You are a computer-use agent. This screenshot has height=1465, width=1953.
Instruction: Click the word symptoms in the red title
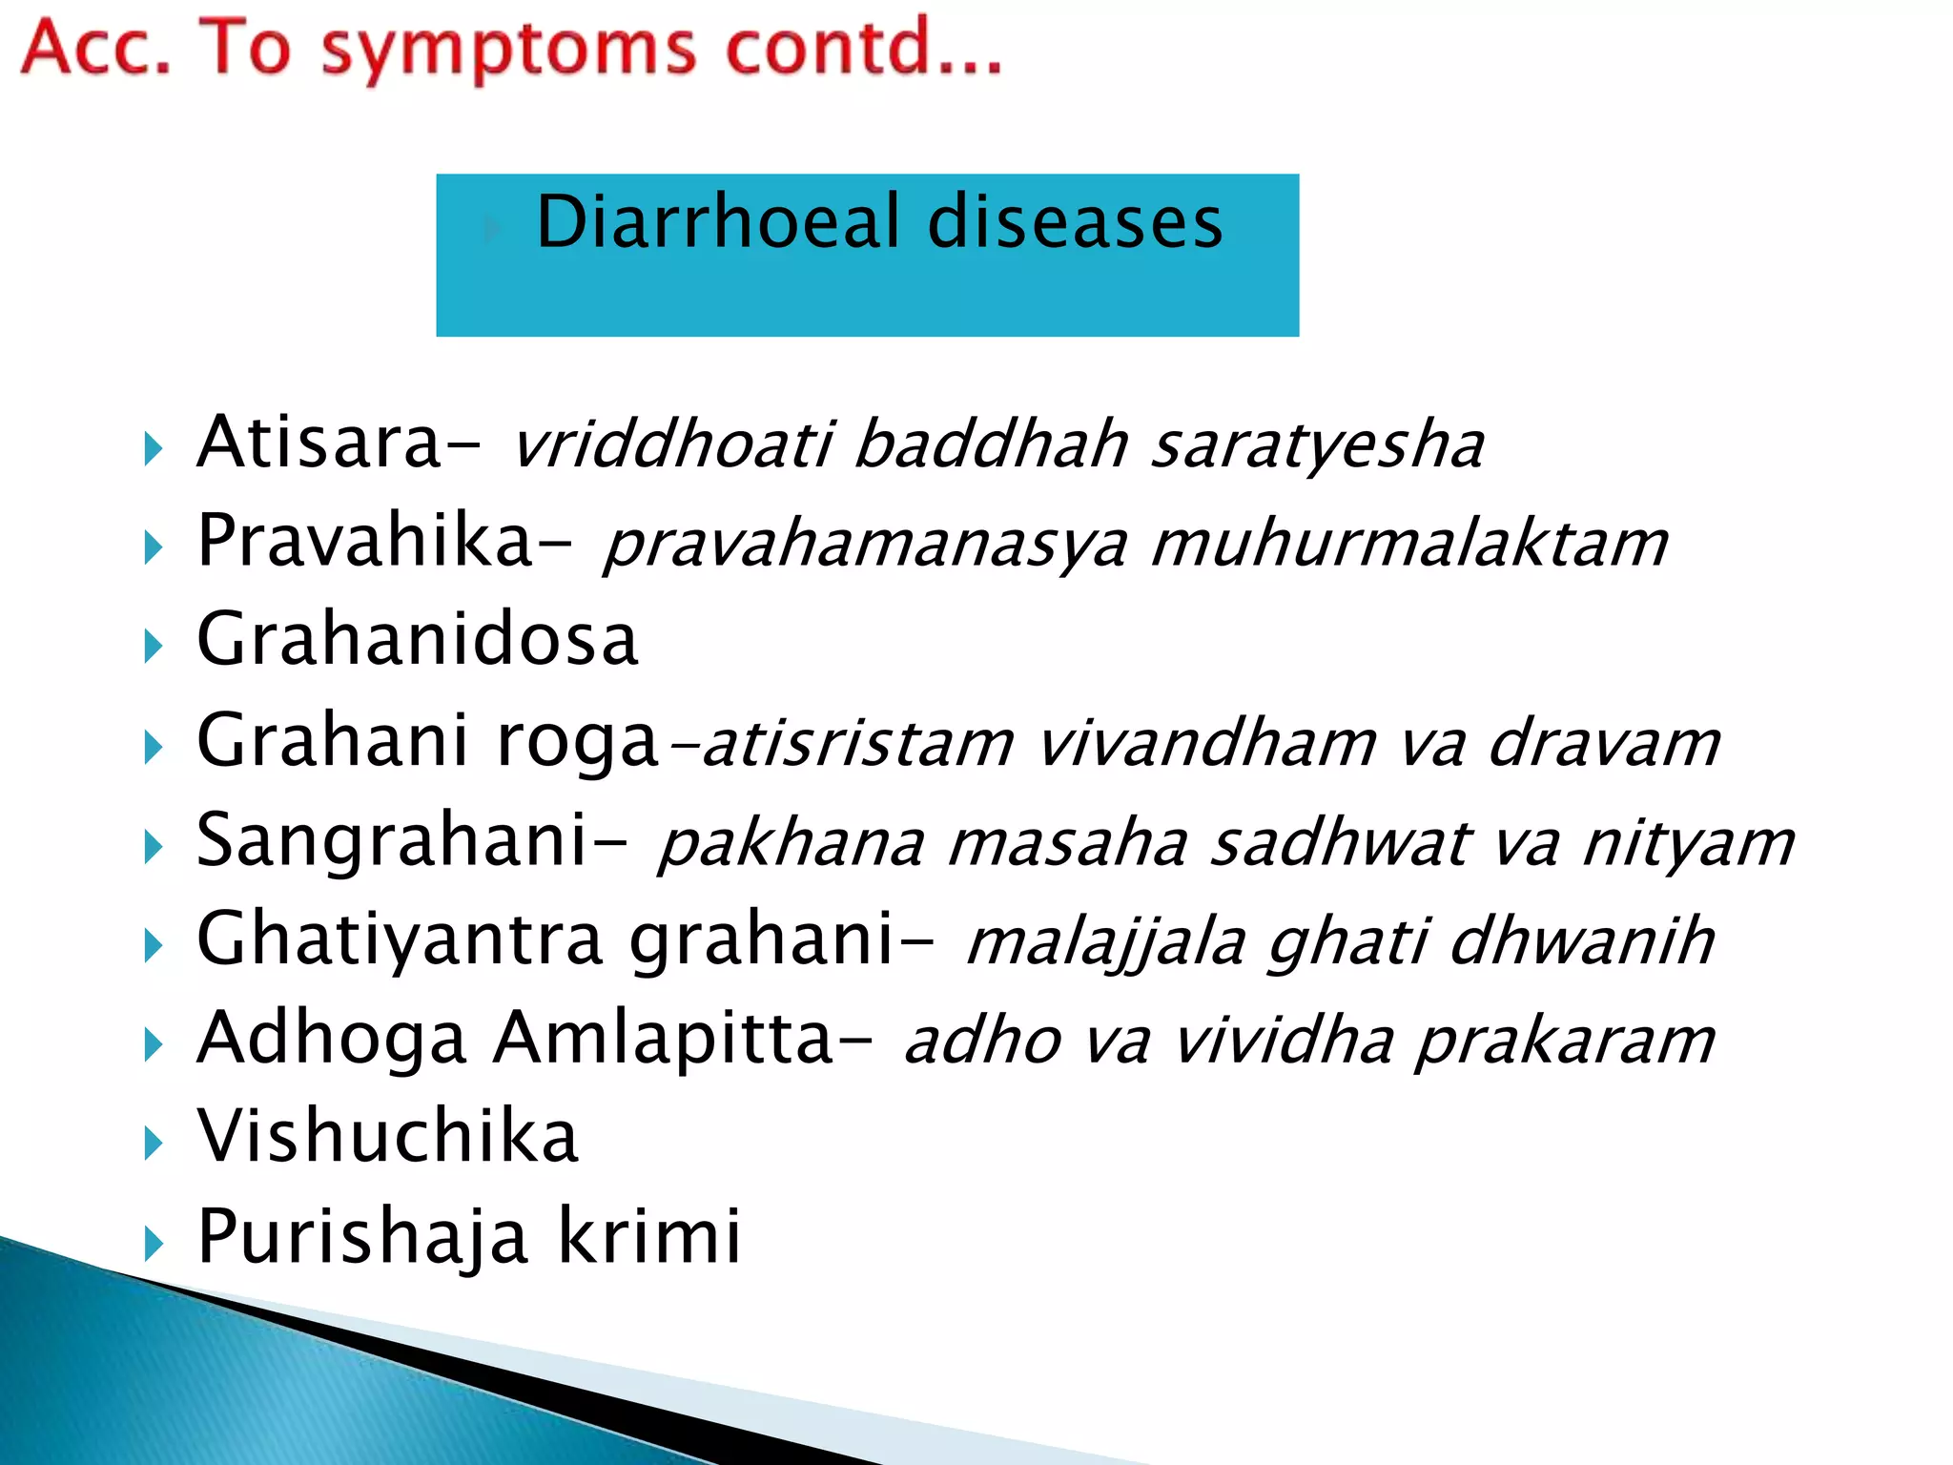(x=508, y=50)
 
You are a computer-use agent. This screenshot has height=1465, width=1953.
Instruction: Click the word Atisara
(x=319, y=443)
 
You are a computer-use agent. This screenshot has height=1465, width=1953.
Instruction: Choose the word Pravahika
(x=364, y=541)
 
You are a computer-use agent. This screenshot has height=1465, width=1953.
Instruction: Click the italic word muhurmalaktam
(x=1409, y=545)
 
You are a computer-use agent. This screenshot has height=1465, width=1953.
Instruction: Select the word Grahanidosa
(x=417, y=640)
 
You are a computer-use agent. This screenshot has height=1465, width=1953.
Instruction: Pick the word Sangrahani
(x=392, y=840)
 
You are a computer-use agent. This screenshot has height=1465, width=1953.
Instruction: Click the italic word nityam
(x=1688, y=844)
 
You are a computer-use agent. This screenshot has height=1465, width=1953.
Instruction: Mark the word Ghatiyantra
(x=400, y=939)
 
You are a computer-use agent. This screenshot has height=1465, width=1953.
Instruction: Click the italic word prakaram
(x=1565, y=1041)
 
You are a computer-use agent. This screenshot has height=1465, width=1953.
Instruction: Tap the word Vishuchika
(x=387, y=1137)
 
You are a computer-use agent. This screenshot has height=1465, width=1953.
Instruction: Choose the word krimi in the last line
(x=648, y=1236)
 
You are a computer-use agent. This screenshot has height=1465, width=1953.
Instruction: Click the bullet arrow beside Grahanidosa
(x=154, y=647)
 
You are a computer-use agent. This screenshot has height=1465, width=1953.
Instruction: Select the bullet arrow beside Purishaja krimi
(x=154, y=1243)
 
